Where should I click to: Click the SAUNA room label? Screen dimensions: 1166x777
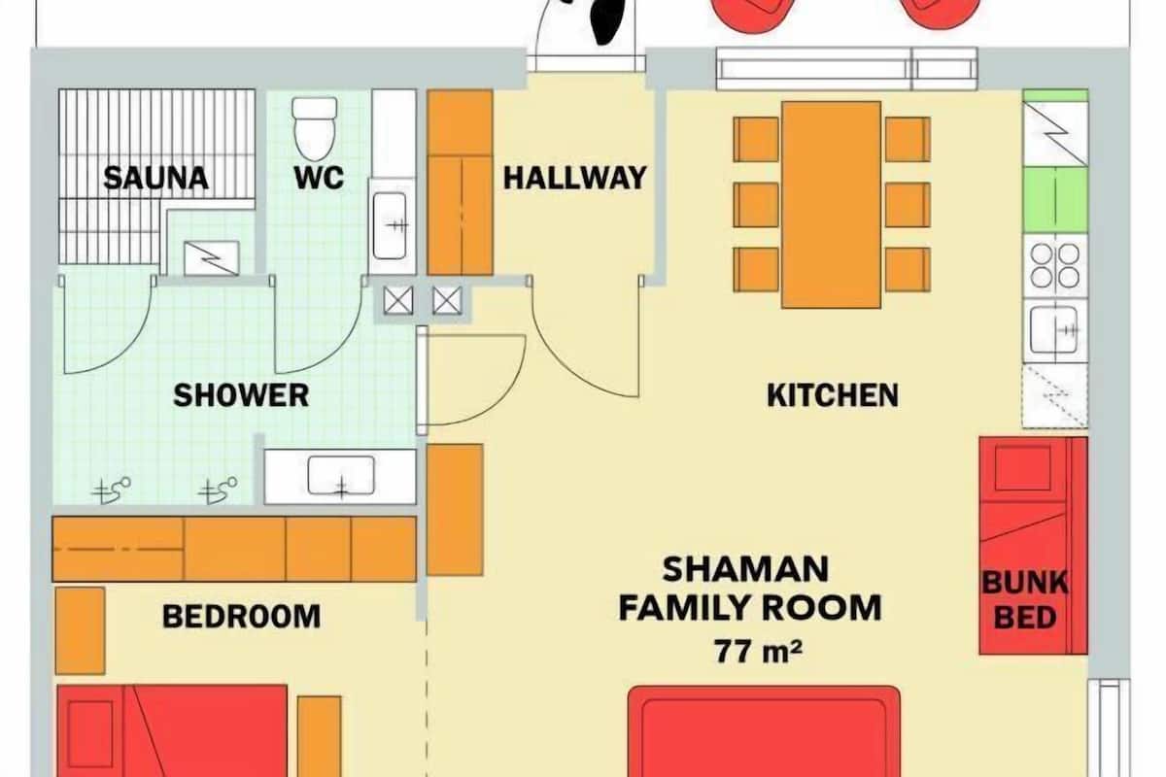point(155,178)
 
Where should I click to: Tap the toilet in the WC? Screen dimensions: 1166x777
point(315,129)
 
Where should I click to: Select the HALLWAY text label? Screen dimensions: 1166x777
point(574,178)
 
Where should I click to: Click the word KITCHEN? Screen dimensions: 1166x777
point(833,395)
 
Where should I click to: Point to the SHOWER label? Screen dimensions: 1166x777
point(241,395)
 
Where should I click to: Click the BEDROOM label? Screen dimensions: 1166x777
point(242,616)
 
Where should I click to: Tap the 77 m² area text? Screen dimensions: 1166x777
point(757,651)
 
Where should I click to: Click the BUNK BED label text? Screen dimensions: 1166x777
point(1025,599)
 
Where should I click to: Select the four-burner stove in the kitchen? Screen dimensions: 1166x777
point(1055,266)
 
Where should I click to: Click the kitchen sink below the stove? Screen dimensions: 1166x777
point(1055,330)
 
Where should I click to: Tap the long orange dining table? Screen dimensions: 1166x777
point(832,205)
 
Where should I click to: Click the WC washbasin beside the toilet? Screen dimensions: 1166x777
point(390,226)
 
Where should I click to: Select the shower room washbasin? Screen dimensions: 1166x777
point(341,476)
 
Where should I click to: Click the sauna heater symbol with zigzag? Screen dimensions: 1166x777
point(212,258)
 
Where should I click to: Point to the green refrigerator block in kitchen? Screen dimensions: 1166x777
point(1055,200)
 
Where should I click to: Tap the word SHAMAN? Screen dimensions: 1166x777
point(745,569)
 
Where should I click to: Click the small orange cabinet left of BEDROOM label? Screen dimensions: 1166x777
point(80,630)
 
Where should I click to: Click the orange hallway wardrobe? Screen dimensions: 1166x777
point(461,183)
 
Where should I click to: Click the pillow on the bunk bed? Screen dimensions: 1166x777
point(1023,468)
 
